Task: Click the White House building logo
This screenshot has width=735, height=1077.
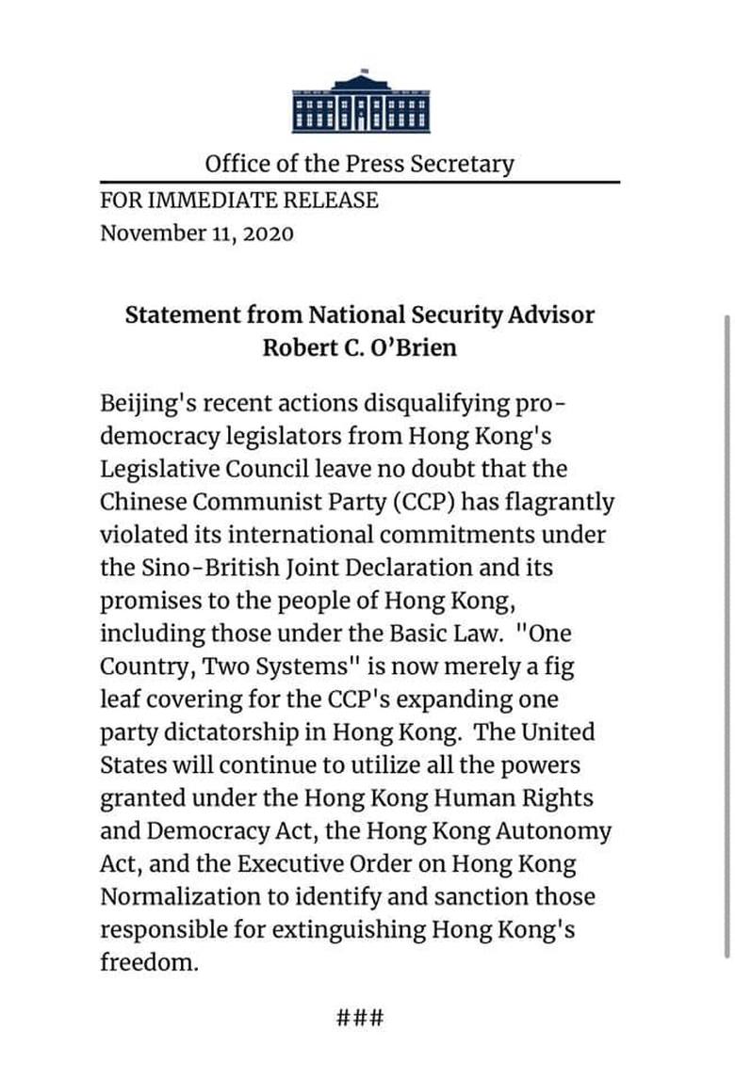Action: (x=361, y=104)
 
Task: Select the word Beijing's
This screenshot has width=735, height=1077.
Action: (x=152, y=403)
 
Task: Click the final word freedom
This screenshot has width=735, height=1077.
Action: (x=149, y=963)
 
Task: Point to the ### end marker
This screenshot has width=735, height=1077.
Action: (x=360, y=1019)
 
